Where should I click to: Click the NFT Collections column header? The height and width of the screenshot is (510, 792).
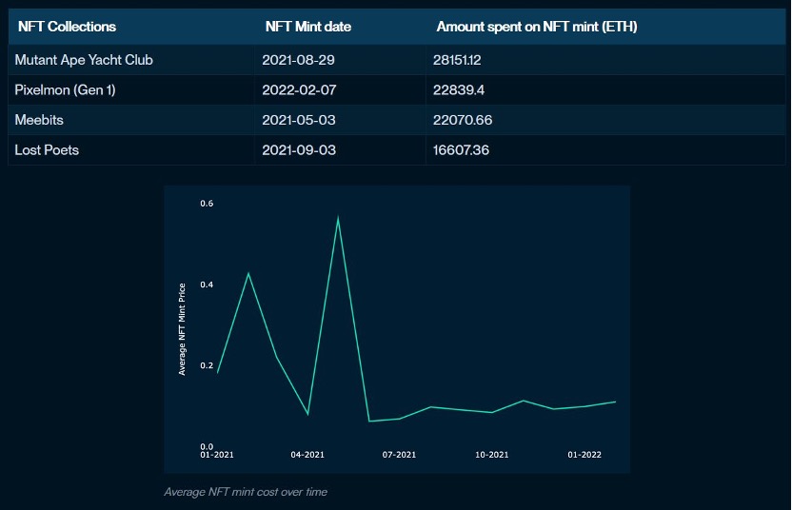click(67, 27)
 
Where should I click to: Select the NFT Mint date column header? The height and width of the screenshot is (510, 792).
click(308, 27)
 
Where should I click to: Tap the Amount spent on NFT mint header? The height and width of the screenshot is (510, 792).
click(537, 27)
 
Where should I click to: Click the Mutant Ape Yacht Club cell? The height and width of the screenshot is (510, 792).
click(84, 60)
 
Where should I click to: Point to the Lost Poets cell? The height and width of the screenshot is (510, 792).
click(47, 150)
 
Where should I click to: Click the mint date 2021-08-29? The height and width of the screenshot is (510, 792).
click(299, 60)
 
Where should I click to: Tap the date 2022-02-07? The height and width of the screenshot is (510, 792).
click(299, 90)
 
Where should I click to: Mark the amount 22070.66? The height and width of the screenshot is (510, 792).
click(463, 120)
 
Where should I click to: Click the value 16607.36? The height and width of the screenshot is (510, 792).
click(461, 150)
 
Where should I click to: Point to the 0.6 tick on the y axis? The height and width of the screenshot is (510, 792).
click(207, 204)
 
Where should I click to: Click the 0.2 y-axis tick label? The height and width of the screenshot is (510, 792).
click(207, 365)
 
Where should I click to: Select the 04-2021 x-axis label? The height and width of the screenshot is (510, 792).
click(307, 456)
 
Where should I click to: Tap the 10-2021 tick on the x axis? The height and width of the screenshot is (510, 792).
click(492, 456)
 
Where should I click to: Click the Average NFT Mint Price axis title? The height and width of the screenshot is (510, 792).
click(182, 327)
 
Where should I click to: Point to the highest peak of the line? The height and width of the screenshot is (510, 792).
click(338, 218)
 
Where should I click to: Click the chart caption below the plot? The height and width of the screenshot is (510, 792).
click(246, 492)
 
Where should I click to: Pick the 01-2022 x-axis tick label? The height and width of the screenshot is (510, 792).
click(584, 456)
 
